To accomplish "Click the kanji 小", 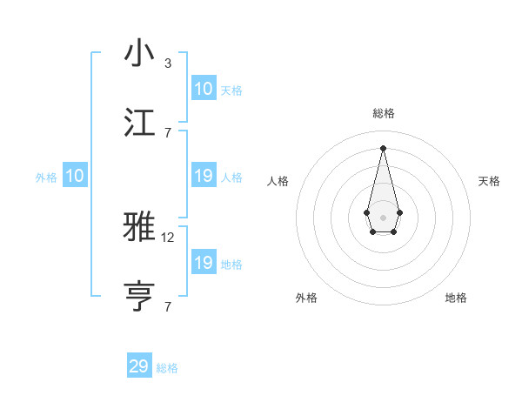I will [139, 54].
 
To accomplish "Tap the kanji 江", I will [139, 123].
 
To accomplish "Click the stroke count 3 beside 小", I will [167, 63].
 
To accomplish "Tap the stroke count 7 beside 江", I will [167, 132].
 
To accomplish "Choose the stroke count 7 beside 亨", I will [167, 306].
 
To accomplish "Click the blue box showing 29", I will [139, 366].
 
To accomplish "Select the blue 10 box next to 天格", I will [204, 89].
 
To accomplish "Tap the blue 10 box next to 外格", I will [75, 176].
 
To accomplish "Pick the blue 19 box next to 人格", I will [204, 176].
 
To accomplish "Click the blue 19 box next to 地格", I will [204, 263].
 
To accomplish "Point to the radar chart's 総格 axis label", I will [383, 113].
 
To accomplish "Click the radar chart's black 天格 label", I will [489, 181].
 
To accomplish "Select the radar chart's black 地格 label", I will [456, 298].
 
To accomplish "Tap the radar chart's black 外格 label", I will [306, 298].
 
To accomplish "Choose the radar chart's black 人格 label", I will [278, 181].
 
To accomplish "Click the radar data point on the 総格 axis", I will [383, 147].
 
